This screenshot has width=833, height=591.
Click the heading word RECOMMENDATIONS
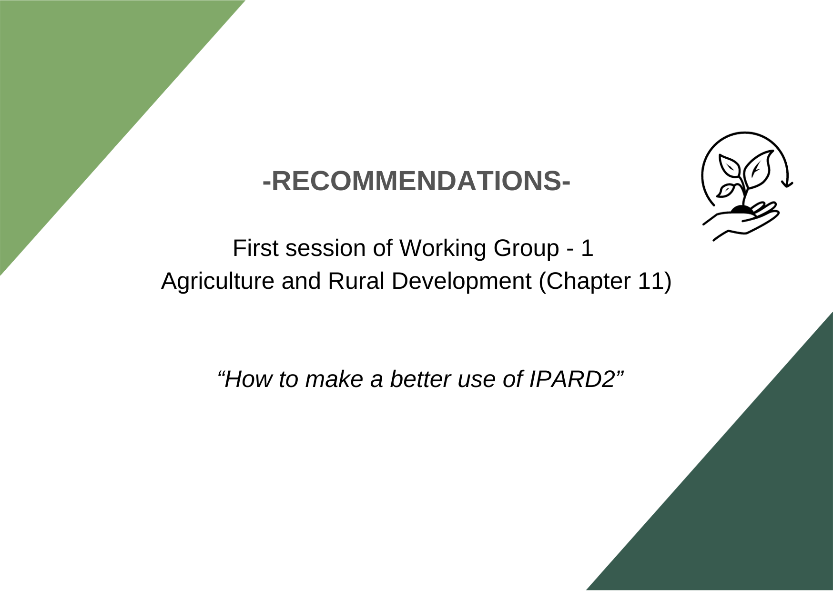pos(416,181)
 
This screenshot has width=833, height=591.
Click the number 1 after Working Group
pos(587,248)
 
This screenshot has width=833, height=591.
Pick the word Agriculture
pos(217,282)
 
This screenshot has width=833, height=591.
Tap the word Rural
pos(356,281)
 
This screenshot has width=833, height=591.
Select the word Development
pos(461,282)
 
